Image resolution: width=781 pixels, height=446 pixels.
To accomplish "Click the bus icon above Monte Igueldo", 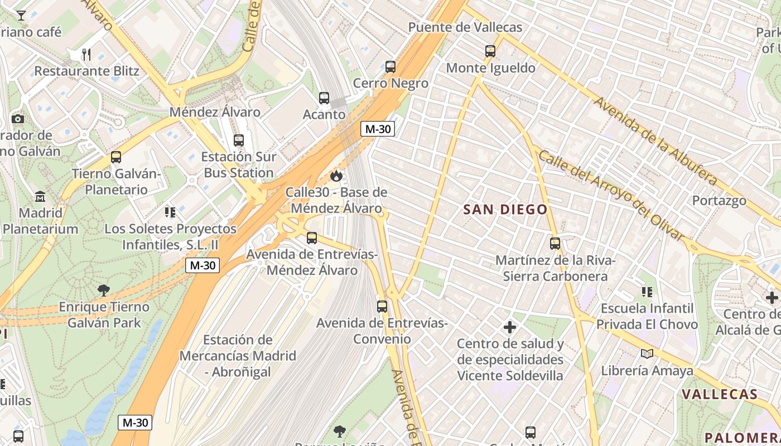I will coord(490,51).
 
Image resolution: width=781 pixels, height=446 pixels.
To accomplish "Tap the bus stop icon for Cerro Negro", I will coord(390,67).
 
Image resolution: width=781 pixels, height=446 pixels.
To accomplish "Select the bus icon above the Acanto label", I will coord(324,98).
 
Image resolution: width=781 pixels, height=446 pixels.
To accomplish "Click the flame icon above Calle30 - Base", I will coord(336,176).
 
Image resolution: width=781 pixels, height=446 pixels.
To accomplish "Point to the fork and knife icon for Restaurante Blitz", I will coord(86,54).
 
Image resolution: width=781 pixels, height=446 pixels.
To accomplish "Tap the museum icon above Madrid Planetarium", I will coord(40,197).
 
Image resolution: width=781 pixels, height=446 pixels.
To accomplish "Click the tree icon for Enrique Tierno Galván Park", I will coord(104,290).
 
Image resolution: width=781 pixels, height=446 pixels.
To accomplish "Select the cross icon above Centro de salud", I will coord(510,327).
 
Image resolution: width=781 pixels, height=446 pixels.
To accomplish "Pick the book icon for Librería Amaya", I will coord(647,353).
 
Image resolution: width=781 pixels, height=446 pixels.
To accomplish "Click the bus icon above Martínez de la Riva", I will coord(555,244).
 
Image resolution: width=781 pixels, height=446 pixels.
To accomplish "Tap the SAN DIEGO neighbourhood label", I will coord(505,210).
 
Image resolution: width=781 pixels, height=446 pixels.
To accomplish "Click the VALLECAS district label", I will coord(720,394).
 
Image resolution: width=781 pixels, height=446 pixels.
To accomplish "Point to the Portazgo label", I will coord(719,200).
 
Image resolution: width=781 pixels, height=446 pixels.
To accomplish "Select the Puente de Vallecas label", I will coord(465,27).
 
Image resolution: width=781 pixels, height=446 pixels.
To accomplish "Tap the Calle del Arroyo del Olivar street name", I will coord(611,195).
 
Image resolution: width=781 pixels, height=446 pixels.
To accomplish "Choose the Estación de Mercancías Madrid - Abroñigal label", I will coord(238,356).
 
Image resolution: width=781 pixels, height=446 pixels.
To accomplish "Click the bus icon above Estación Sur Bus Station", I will coord(239,140).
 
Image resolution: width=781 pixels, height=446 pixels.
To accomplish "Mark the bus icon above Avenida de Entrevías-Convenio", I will coord(382,307).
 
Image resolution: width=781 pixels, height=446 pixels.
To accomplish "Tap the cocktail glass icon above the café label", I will coord(21,15).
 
